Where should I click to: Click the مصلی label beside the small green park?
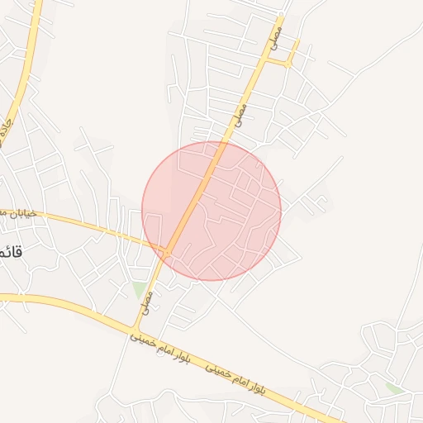(x=149, y=294)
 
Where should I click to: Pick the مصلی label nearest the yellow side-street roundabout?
(x=275, y=34)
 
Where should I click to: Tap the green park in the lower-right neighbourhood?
(x=395, y=387)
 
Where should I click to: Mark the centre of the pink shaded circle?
(x=211, y=211)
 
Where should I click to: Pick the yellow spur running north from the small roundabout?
(x=294, y=50)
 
